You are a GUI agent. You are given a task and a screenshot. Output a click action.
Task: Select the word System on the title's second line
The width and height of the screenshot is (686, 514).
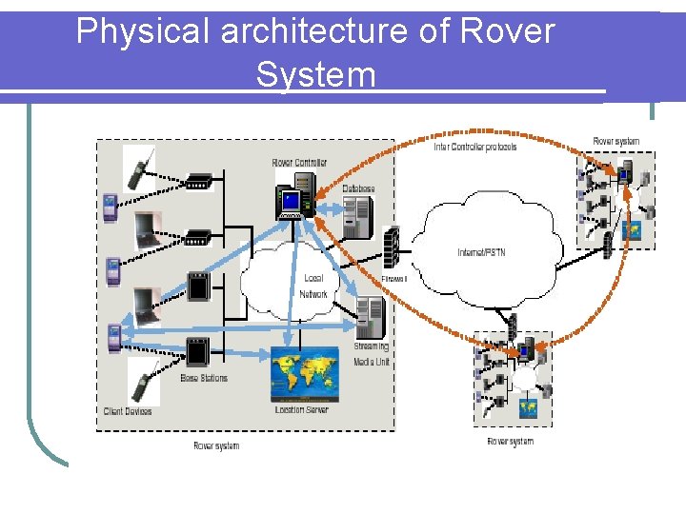(315, 74)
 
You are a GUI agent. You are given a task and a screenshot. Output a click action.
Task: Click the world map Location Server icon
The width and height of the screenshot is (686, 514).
(304, 374)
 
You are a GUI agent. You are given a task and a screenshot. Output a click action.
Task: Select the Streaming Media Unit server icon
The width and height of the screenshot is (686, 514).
(370, 317)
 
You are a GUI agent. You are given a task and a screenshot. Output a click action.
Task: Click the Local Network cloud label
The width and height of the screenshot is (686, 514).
(313, 287)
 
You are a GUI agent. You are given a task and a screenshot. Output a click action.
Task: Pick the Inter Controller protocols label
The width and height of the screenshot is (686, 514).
(475, 148)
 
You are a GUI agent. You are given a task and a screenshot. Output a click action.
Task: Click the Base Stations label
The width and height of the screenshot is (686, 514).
(204, 379)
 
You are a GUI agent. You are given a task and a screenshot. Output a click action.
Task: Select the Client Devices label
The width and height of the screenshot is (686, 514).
(128, 411)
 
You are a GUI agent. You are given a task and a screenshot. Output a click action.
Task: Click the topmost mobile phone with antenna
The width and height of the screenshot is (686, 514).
(139, 168)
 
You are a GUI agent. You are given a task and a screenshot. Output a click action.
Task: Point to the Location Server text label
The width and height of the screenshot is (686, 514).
(301, 409)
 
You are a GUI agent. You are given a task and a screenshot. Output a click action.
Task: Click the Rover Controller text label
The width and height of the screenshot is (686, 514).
(299, 163)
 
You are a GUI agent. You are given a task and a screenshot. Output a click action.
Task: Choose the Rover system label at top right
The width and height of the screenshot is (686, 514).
(616, 142)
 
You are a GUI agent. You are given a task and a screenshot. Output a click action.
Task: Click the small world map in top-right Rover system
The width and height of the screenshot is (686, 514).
(632, 229)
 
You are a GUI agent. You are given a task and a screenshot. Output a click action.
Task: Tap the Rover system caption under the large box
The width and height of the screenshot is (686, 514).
(216, 445)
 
